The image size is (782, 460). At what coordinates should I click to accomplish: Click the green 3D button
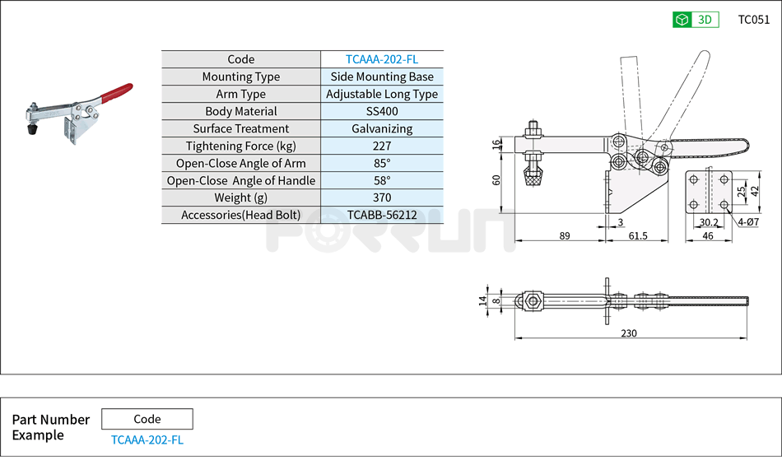696,20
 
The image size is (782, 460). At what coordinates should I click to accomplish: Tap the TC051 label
753,20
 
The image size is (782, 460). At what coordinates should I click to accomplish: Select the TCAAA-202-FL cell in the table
382,59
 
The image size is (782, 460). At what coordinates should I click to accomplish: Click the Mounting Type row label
241,77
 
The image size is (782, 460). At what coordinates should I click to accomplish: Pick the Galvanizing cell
382,128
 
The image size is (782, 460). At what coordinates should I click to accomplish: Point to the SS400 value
382,111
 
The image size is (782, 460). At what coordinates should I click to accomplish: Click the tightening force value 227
382,146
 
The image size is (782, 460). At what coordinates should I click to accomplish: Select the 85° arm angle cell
382,163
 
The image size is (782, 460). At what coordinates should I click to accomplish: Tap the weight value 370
382,197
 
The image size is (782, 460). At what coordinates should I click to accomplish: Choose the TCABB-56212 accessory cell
382,215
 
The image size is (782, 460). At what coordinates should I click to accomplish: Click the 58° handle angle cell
382,180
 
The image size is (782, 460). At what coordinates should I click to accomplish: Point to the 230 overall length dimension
630,332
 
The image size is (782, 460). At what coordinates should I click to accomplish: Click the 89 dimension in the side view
565,236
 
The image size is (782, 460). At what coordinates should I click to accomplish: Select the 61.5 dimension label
637,236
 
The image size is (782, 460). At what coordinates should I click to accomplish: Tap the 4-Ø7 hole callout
748,222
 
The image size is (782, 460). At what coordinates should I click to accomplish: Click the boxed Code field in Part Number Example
147,419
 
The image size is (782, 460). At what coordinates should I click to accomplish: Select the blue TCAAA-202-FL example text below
147,439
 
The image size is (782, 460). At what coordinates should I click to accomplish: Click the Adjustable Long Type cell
382,94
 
